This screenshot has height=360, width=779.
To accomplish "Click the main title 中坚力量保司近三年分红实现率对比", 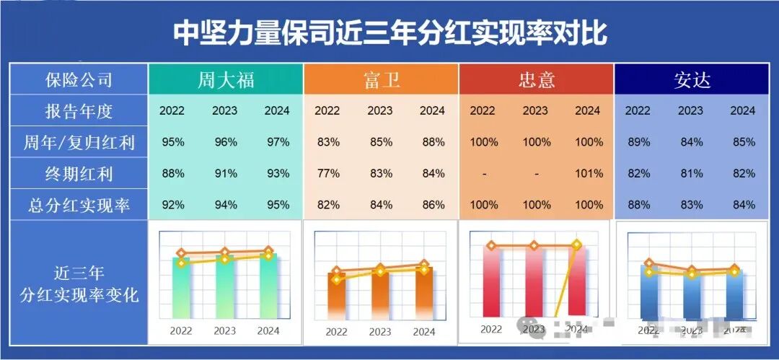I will (389, 32).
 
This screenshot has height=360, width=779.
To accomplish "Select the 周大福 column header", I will (226, 79).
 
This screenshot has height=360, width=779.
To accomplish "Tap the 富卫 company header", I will (381, 79).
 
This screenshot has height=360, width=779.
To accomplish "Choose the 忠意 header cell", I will (536, 79).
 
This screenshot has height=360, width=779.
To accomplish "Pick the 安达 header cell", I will (692, 79).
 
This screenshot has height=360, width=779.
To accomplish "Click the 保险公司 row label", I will (79, 79).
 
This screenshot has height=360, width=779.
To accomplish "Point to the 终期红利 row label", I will (79, 174).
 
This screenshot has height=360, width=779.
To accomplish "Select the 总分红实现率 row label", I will (79, 205).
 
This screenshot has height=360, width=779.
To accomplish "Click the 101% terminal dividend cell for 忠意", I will (588, 174).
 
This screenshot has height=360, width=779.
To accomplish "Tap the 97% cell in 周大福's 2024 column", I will (277, 142).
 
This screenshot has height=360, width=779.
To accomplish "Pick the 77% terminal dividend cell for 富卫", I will (328, 174).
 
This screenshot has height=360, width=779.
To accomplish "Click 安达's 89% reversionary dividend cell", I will (638, 142).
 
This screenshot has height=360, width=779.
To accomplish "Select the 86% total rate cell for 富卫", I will (433, 205).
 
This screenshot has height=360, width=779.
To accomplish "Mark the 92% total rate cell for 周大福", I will (172, 205).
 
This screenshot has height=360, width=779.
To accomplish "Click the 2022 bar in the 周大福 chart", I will (181, 289).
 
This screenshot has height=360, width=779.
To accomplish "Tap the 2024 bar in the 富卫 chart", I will (424, 292).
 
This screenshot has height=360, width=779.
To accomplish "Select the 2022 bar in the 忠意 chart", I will (491, 281).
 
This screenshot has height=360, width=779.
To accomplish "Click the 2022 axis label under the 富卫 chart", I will (336, 332).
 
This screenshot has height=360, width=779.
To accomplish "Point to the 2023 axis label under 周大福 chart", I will (224, 331).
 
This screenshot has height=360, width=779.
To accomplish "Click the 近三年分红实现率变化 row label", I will (79, 284).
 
